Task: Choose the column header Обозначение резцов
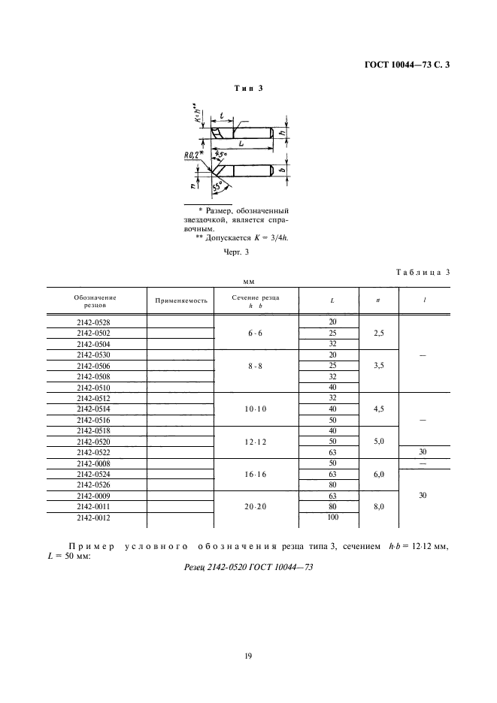coord(95,300)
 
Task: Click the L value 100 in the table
coord(332,519)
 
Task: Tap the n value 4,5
coord(378,409)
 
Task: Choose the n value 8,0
coord(378,508)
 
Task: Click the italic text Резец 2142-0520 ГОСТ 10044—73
coord(248,567)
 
